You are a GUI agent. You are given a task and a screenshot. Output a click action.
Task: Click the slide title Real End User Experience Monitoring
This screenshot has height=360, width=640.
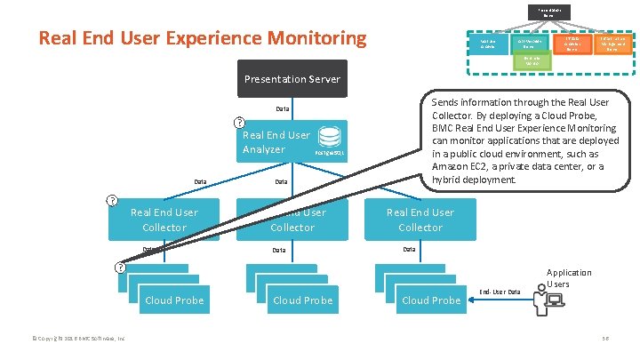tap(203, 39)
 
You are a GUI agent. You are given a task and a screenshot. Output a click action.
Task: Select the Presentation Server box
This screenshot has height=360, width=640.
tap(292, 79)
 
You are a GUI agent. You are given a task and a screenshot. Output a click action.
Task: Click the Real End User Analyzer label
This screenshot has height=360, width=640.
tap(276, 142)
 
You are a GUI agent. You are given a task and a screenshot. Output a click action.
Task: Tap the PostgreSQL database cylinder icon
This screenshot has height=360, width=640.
tap(330, 138)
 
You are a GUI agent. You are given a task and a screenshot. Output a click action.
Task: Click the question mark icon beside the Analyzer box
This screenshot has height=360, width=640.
tap(239, 123)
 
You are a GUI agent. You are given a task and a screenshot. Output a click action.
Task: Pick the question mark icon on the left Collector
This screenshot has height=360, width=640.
tap(112, 200)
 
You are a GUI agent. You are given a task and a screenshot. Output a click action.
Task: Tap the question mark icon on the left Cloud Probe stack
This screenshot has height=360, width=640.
tap(119, 268)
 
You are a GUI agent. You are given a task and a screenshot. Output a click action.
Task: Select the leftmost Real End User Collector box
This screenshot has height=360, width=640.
tap(164, 220)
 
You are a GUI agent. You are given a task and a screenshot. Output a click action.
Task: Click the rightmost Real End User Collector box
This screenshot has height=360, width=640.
tap(420, 220)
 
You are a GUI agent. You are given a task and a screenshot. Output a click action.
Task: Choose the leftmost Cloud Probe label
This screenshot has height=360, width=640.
tap(174, 300)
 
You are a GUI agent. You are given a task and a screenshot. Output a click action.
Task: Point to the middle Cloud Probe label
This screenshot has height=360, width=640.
tap(303, 300)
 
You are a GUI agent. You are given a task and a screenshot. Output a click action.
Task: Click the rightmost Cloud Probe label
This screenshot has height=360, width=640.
tap(431, 300)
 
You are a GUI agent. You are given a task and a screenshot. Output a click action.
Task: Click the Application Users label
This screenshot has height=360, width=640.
tap(569, 278)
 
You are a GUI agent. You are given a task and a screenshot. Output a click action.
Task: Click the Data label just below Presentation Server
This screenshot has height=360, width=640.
tap(282, 110)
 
